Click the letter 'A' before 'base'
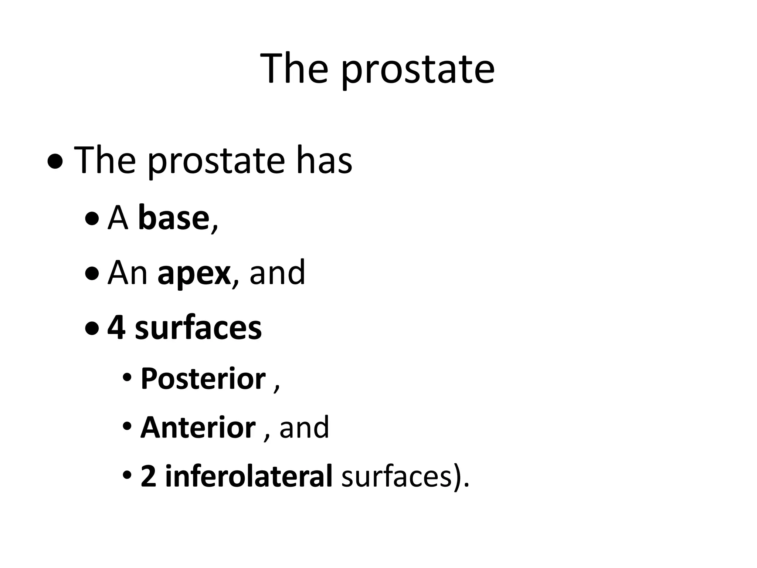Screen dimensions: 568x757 (x=118, y=219)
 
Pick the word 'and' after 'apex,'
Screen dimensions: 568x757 (x=278, y=273)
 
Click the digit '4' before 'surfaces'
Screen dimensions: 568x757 (x=116, y=328)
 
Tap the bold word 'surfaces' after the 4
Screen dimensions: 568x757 (x=198, y=328)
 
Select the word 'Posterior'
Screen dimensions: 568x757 (x=203, y=379)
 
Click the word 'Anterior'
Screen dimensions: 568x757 (x=198, y=427)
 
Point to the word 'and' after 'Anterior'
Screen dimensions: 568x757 (x=304, y=427)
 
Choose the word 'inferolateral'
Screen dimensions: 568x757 (x=249, y=476)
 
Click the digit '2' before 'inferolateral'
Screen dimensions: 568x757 (x=148, y=476)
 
